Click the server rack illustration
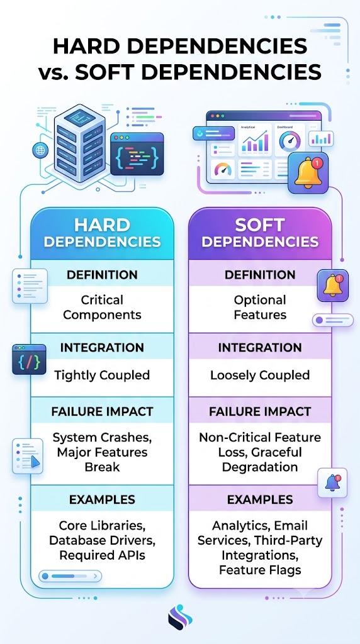click(x=79, y=143)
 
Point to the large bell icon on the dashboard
click(x=308, y=173)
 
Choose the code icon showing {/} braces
click(x=29, y=359)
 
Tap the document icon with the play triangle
click(x=28, y=456)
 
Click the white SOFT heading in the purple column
click(x=260, y=225)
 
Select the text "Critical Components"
click(x=103, y=308)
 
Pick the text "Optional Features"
click(x=260, y=308)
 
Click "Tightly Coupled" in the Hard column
click(x=102, y=375)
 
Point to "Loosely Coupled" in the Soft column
click(x=260, y=375)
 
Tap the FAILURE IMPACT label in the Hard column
click(x=103, y=411)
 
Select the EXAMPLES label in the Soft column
click(x=260, y=499)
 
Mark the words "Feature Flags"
click(x=260, y=570)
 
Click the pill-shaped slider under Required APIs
click(x=70, y=576)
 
